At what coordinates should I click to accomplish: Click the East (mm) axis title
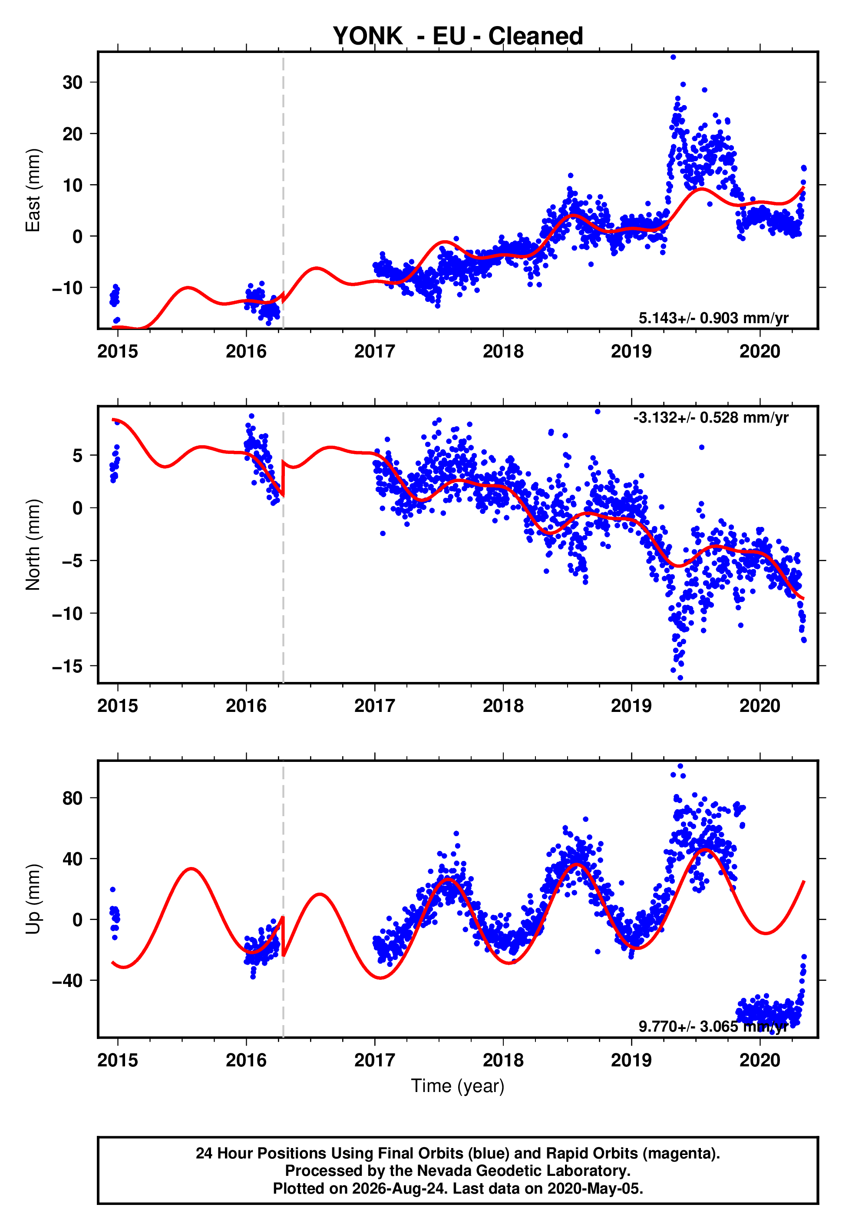point(33,190)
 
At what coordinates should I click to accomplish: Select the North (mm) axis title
point(33,545)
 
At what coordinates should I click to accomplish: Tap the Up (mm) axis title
point(33,899)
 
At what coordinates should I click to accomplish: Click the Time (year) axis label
point(458,1086)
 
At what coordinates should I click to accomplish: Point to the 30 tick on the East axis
point(73,82)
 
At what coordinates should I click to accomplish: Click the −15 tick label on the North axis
point(67,666)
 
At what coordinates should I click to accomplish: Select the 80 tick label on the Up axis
point(73,798)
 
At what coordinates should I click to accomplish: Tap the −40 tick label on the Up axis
point(67,981)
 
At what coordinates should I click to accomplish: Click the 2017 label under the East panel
point(375,351)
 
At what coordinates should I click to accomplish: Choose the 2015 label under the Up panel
point(117,1060)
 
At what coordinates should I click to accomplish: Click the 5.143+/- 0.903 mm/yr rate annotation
point(713,318)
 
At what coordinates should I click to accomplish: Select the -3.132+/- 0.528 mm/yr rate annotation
point(710,417)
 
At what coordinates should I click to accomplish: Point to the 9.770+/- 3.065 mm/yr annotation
point(713,1026)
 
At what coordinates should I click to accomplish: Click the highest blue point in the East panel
point(673,57)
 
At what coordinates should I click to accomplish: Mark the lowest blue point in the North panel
point(680,678)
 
